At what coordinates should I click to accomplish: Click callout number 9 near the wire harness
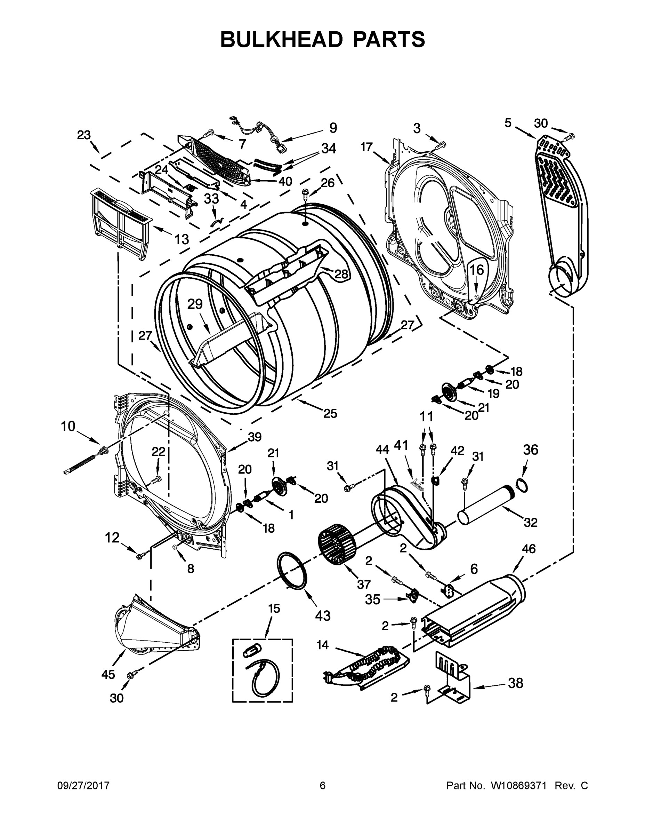coord(333,128)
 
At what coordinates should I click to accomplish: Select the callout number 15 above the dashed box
coord(274,608)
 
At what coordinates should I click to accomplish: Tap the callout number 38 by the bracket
coord(515,683)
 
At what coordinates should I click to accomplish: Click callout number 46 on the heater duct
coord(529,549)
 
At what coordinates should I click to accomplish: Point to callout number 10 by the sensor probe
coord(68,426)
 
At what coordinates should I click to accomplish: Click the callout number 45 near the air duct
coord(108,674)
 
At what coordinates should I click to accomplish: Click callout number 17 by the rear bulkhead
coord(366,147)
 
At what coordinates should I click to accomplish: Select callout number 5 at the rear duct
coord(507,123)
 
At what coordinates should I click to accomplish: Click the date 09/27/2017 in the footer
coord(83,785)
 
